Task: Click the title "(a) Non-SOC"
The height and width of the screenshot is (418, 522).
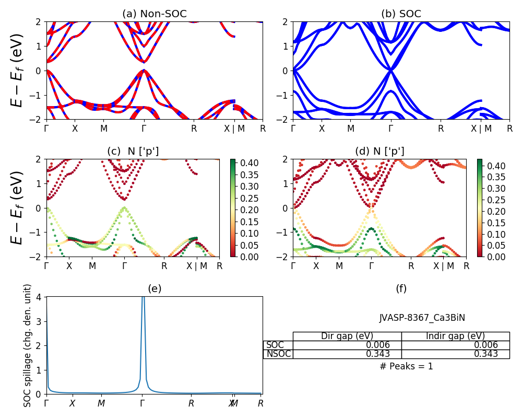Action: pyautogui.click(x=155, y=14)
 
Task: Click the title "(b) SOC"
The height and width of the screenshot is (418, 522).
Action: pyautogui.click(x=401, y=14)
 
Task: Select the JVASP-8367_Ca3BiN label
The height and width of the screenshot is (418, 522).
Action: pyautogui.click(x=422, y=318)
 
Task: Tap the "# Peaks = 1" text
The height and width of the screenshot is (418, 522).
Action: pyautogui.click(x=406, y=366)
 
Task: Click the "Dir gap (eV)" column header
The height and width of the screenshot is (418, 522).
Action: pyautogui.click(x=347, y=336)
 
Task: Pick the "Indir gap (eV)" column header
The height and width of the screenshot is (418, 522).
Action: pyautogui.click(x=455, y=336)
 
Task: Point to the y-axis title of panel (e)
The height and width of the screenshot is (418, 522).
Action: pyautogui.click(x=28, y=345)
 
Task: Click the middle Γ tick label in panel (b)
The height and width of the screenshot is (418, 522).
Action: pyautogui.click(x=390, y=128)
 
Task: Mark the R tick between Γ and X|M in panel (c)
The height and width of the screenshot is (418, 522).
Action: pyautogui.click(x=164, y=265)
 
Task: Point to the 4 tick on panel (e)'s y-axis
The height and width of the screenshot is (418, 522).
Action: pyautogui.click(x=41, y=297)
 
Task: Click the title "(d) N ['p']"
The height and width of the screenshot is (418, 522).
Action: pyautogui.click(x=379, y=152)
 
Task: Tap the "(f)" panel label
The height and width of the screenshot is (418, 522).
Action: pyautogui.click(x=401, y=288)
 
